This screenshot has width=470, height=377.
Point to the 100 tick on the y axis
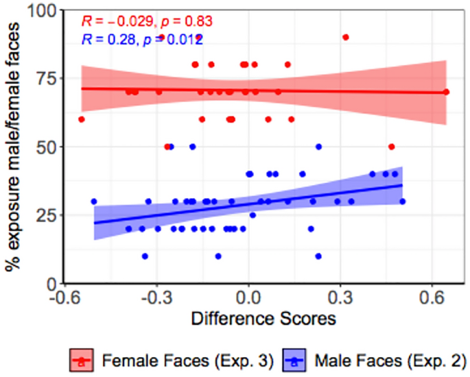pos(45,11)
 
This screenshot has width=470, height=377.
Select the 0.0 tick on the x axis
pos(248,300)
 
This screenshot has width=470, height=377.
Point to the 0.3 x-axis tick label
pos(341,300)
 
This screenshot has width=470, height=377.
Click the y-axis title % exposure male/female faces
pos(15,147)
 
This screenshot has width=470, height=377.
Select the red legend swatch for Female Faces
pos(81,358)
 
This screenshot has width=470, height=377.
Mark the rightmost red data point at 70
pos(446,92)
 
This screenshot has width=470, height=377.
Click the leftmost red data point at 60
pos(82,119)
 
